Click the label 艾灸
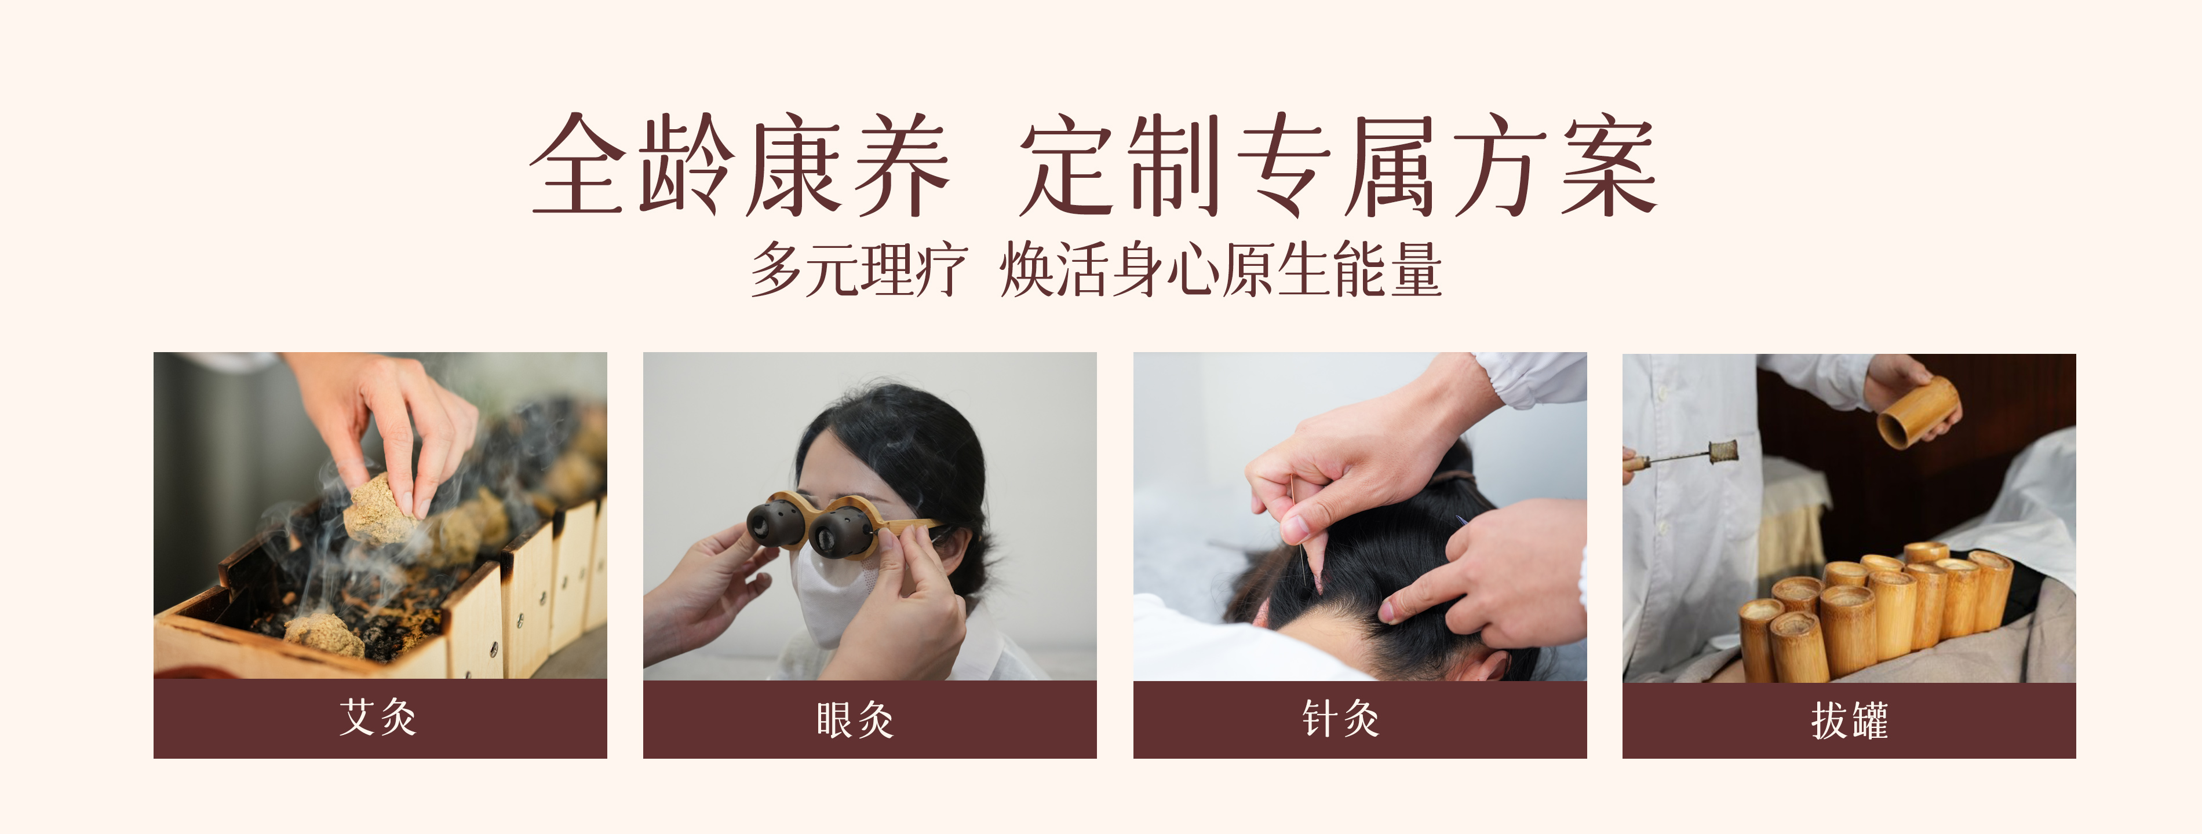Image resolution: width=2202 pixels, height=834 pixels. [378, 717]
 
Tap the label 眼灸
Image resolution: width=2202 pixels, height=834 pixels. [855, 719]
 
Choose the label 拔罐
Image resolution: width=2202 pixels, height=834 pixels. [1849, 720]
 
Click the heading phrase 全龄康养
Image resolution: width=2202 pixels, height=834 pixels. [739, 164]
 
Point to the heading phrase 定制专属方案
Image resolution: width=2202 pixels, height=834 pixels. [1338, 164]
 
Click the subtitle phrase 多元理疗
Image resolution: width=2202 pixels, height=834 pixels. [858, 269]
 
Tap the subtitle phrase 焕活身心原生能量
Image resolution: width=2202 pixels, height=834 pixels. [1221, 269]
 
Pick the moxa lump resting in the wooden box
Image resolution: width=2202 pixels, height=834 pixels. [325, 634]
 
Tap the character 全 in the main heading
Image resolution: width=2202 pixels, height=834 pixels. [577, 164]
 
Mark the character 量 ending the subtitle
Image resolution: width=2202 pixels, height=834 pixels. [1416, 269]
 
